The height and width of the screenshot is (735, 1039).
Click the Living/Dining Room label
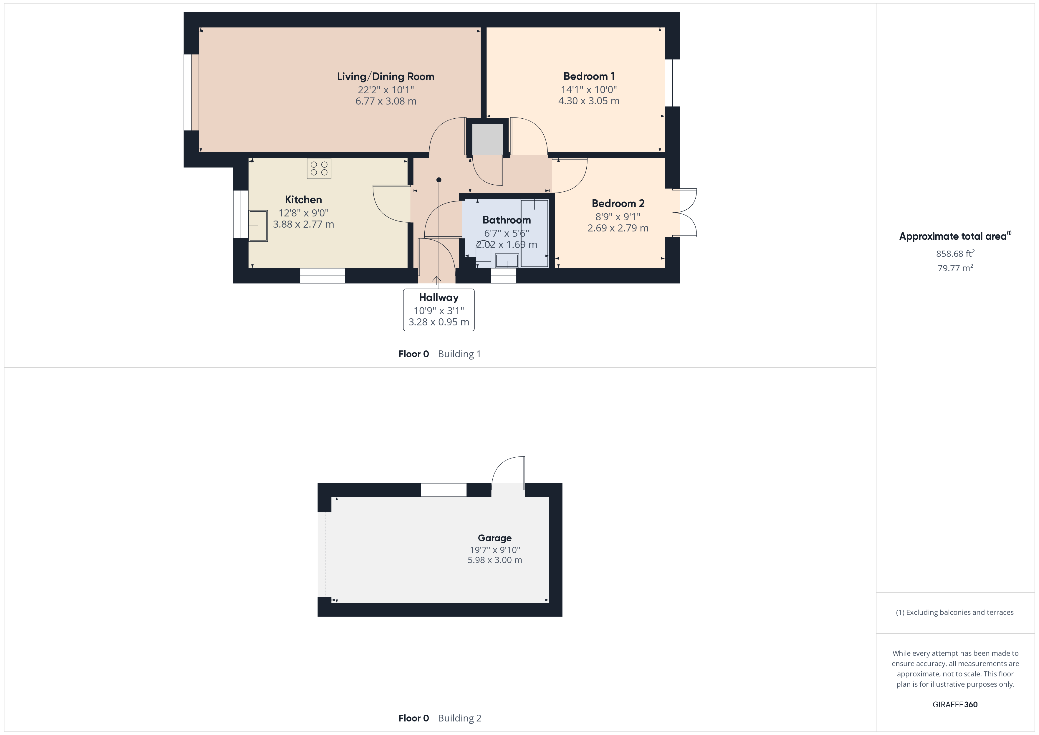(386, 77)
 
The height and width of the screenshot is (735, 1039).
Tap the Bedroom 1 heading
(589, 76)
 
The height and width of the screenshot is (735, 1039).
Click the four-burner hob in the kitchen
(319, 168)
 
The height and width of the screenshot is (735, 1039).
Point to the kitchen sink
(258, 225)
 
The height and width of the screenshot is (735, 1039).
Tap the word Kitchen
(303, 200)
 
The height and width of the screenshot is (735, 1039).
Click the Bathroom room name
(506, 220)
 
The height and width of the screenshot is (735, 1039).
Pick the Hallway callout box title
(439, 297)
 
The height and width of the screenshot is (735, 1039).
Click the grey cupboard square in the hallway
(487, 139)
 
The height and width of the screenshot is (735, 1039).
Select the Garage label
(494, 538)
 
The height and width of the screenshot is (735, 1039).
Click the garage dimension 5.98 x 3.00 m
(494, 560)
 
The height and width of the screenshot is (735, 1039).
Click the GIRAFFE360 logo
(955, 704)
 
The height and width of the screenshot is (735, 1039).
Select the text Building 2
(459, 718)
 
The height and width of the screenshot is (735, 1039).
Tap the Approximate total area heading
(955, 236)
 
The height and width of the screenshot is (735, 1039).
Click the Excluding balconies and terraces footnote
(955, 612)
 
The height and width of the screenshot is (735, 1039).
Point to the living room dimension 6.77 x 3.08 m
(386, 101)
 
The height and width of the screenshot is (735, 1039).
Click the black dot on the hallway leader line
(439, 180)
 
